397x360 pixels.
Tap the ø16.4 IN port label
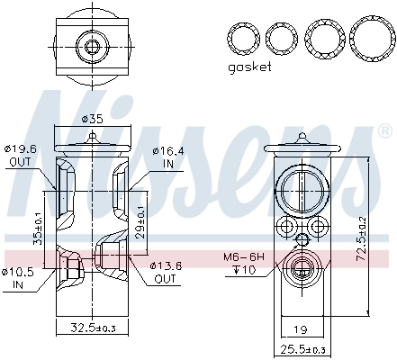click(168, 156)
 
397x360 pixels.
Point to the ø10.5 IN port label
click(18, 277)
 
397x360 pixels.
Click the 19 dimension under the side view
click(302, 329)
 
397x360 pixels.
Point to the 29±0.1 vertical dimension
click(141, 219)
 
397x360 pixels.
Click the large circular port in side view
click(303, 187)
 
